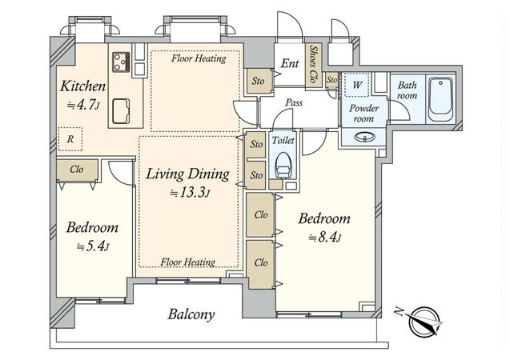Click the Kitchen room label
83,86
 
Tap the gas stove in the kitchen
122,62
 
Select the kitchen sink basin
122,111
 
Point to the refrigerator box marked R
70,138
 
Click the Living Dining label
187,174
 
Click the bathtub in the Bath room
440,100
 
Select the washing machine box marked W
357,85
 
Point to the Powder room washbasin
363,137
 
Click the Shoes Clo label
314,64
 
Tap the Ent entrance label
290,63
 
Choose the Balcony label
191,314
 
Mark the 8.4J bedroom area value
324,238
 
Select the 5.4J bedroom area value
93,246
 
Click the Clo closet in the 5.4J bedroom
78,170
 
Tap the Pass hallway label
294,103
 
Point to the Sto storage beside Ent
258,81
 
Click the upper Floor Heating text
199,58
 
